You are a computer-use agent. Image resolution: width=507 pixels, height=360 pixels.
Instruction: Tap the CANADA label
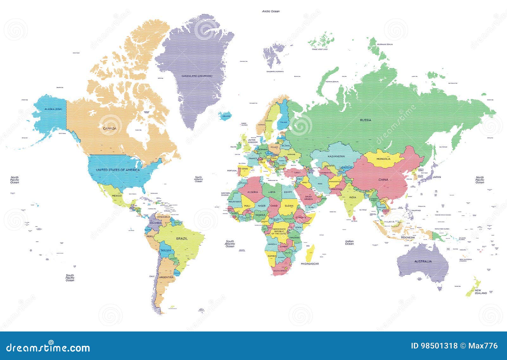(110, 128)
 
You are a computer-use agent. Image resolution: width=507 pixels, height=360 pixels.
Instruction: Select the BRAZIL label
(182, 238)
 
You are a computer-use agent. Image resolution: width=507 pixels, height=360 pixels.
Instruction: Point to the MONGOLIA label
(383, 159)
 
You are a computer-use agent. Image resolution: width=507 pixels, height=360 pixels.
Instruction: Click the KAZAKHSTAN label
(337, 157)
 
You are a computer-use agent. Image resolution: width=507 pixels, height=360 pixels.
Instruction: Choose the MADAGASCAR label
(310, 264)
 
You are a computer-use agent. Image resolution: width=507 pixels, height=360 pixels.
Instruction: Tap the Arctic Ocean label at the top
(271, 11)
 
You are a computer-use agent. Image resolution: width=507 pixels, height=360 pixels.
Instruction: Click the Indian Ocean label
(349, 242)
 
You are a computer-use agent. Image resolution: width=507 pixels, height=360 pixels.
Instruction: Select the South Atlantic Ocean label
(230, 244)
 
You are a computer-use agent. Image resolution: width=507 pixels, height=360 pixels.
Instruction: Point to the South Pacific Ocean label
(70, 278)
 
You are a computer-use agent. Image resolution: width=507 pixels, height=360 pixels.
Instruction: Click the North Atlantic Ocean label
(198, 179)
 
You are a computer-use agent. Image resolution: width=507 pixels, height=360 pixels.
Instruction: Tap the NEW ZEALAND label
(480, 292)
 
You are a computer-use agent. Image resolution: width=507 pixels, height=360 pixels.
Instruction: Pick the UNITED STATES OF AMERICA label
(118, 170)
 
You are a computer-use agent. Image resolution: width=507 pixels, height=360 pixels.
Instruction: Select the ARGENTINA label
(166, 277)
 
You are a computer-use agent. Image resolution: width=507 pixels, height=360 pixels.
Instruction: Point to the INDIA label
(352, 197)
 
